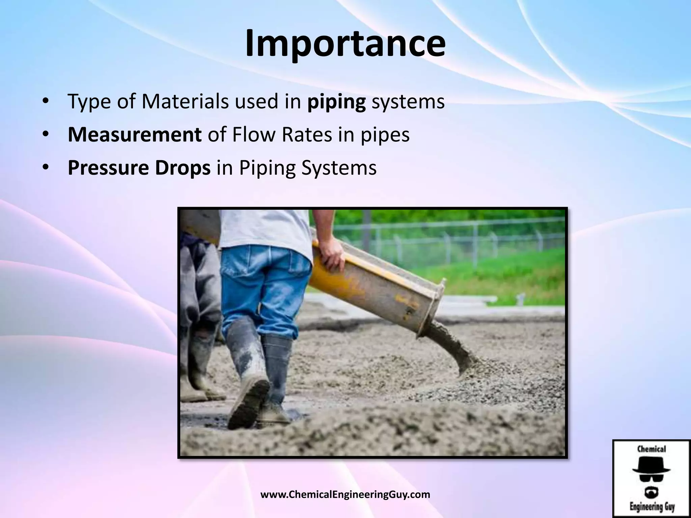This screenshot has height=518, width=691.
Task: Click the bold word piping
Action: pyautogui.click(x=336, y=102)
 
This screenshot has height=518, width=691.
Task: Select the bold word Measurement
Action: pyautogui.click(x=135, y=135)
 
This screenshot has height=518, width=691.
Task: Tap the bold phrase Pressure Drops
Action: pyautogui.click(x=139, y=168)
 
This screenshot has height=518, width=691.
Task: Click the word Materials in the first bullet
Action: pyautogui.click(x=185, y=101)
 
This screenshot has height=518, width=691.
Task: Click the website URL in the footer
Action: pyautogui.click(x=345, y=495)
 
